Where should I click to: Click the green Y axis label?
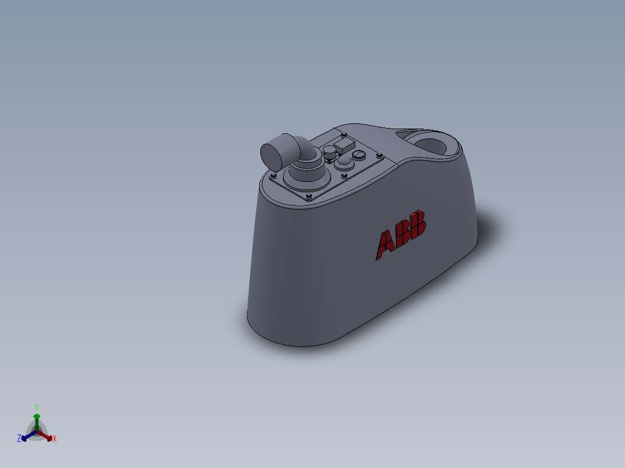[36, 407]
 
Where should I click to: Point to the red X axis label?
[54, 439]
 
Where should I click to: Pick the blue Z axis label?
[19, 439]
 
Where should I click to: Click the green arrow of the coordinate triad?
[36, 418]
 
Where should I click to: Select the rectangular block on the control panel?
[344, 145]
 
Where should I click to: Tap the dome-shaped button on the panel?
[344, 162]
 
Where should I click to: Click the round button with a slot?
[359, 155]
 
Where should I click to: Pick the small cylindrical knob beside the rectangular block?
[329, 152]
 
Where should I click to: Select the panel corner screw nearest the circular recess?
[379, 155]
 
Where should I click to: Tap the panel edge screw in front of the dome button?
[344, 176]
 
